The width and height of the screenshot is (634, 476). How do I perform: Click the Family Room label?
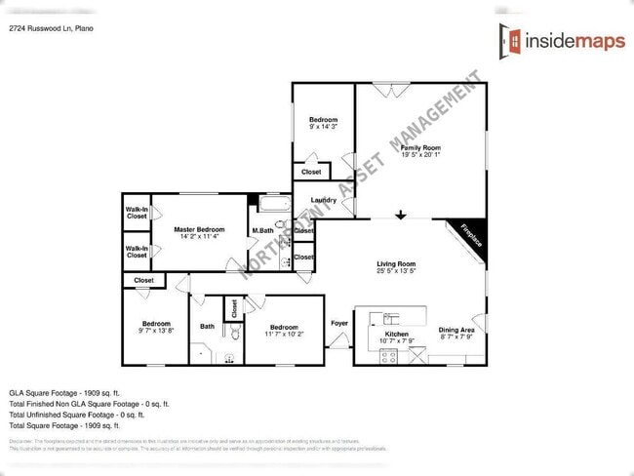coord(420,147)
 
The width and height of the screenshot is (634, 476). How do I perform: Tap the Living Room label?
coord(397,264)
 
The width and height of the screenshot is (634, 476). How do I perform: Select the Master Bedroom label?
coord(199,230)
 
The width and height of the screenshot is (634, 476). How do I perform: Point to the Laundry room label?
coord(324,201)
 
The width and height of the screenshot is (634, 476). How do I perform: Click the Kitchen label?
coord(396,335)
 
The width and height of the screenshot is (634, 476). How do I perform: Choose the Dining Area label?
coord(456,331)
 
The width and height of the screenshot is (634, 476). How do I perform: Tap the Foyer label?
coord(339,323)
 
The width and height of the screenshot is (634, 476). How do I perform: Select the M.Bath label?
coord(261,231)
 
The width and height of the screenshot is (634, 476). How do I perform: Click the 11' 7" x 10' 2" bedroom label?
coord(284,328)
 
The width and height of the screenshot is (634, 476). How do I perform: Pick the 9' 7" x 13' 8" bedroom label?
coord(157,324)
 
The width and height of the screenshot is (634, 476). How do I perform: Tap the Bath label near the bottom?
coord(208,327)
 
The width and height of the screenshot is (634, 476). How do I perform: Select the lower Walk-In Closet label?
coord(137,252)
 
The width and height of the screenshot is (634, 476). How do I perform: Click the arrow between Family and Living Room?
coord(401,216)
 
